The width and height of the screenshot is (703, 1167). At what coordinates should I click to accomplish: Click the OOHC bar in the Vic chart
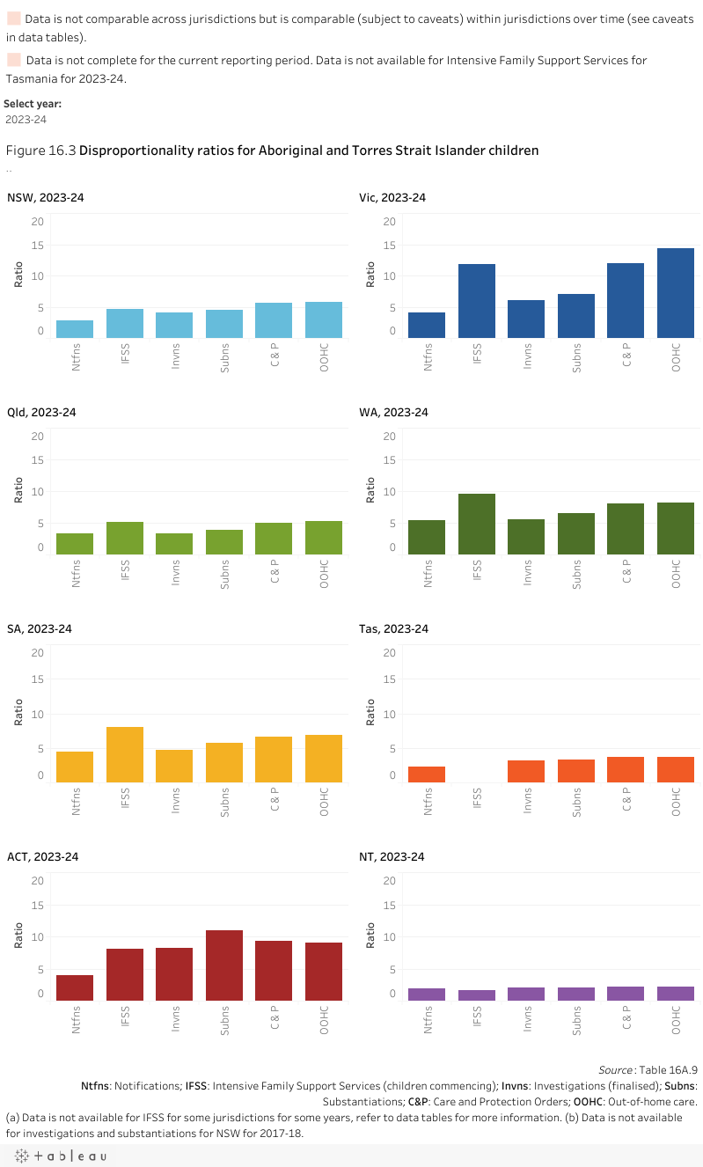click(x=676, y=293)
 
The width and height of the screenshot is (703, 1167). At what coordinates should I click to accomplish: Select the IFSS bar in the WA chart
click(x=477, y=525)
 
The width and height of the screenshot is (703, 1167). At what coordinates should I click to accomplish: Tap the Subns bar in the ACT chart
click(x=224, y=965)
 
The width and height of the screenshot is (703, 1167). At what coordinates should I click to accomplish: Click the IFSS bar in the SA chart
click(x=125, y=755)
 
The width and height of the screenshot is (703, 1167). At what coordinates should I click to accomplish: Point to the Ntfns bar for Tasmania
click(x=427, y=774)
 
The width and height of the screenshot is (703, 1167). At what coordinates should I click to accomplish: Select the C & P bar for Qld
click(x=274, y=539)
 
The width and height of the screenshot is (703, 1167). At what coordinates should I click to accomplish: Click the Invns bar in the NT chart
click(x=526, y=994)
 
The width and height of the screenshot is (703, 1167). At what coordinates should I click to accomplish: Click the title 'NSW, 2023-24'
click(x=46, y=198)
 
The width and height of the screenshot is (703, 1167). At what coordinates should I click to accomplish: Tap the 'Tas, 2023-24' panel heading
click(x=393, y=628)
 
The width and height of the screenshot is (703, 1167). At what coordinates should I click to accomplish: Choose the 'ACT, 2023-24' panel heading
click(x=42, y=856)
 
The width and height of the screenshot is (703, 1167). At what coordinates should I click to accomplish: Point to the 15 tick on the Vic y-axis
click(x=389, y=245)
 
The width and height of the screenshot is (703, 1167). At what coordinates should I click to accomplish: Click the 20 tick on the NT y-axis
click(x=389, y=880)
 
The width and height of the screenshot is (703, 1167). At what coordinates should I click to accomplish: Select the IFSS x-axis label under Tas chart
click(x=478, y=798)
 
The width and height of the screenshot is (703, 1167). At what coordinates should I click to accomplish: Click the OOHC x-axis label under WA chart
click(x=677, y=576)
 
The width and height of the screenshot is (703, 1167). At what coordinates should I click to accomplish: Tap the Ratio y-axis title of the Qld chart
click(x=18, y=490)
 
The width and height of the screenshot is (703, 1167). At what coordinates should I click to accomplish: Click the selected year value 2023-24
click(x=26, y=120)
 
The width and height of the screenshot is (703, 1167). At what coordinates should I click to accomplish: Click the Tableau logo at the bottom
click(x=59, y=1156)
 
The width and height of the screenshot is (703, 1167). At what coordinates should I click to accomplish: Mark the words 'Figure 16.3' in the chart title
click(x=40, y=150)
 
